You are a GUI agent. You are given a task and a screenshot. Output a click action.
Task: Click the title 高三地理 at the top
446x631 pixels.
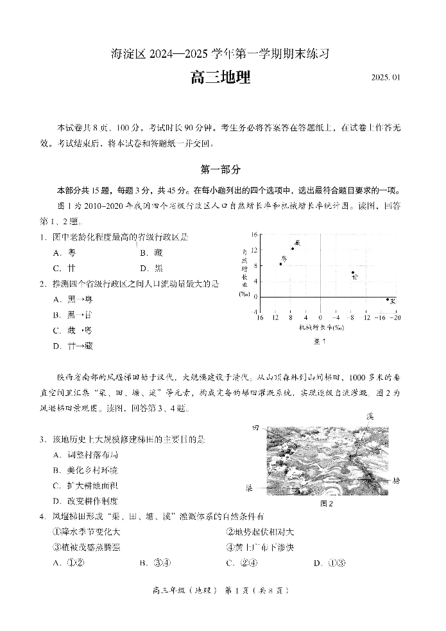coord(220,78)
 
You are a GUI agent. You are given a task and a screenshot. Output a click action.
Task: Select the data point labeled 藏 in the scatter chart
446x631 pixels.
coord(293,248)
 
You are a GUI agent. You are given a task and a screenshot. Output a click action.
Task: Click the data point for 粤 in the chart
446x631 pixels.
coord(280,263)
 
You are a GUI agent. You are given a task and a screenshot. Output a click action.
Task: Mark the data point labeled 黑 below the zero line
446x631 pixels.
coord(388,299)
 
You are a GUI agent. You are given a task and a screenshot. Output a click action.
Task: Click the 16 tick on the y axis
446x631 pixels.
coord(254,235)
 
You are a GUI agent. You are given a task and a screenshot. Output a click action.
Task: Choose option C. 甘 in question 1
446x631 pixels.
coord(65,268)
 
